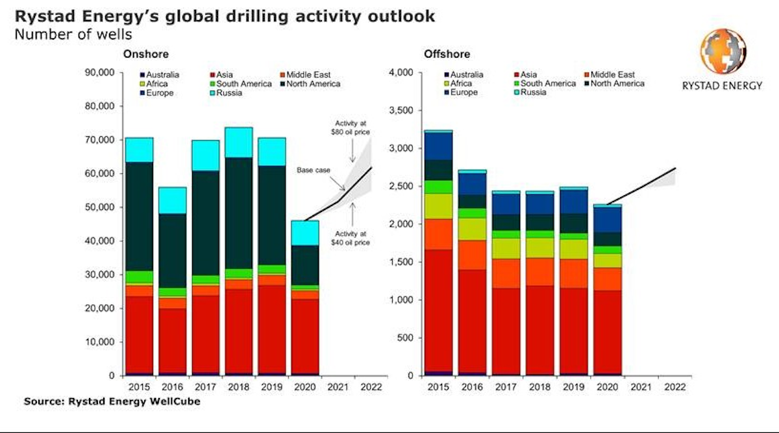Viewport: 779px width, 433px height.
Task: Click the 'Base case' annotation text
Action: (x=314, y=170)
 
